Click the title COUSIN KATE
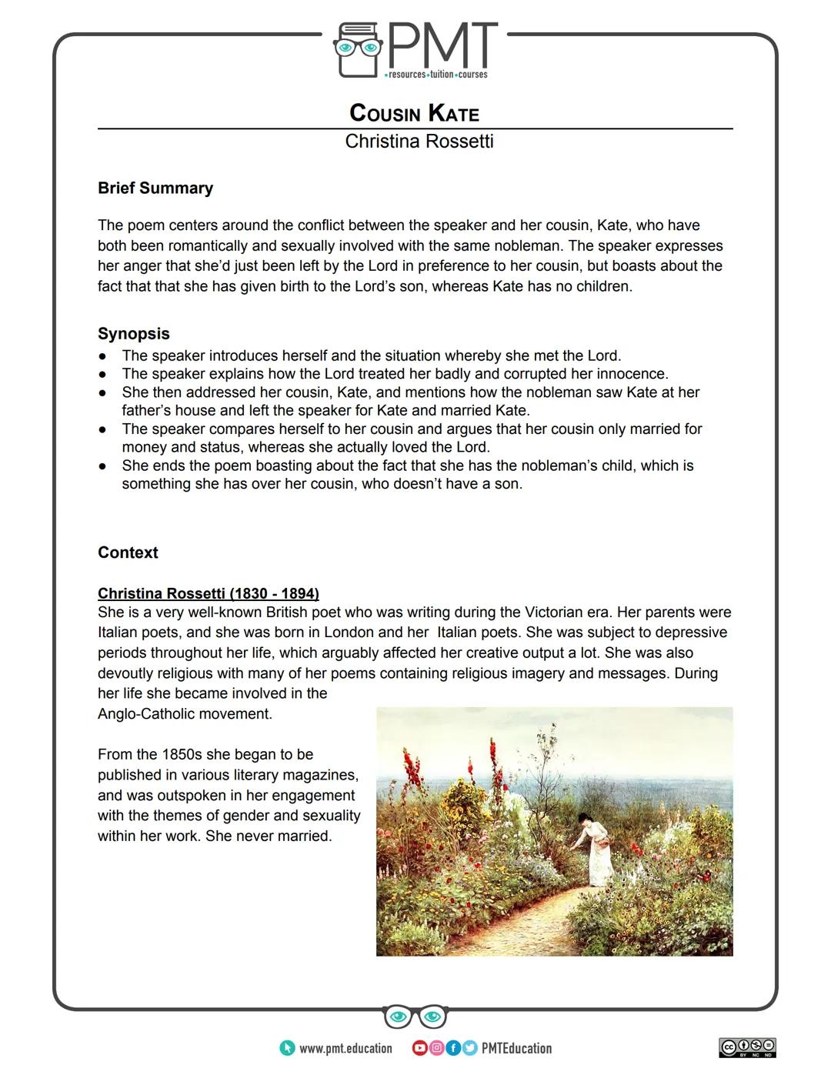pos(414,113)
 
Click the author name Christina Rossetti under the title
pos(419,142)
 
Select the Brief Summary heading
pos(155,189)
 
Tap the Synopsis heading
pos(134,334)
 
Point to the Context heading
pos(128,553)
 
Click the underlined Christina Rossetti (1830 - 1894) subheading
pos(208,593)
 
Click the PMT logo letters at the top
pos(442,46)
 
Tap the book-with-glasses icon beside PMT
pos(358,50)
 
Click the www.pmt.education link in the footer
pos(345,1048)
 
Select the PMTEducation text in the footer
pos(516,1048)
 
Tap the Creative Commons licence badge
pos(747,1047)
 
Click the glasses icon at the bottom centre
pos(415,1017)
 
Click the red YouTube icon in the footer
pos(419,1048)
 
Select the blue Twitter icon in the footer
pos(469,1048)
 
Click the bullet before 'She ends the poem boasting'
pos(102,466)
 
